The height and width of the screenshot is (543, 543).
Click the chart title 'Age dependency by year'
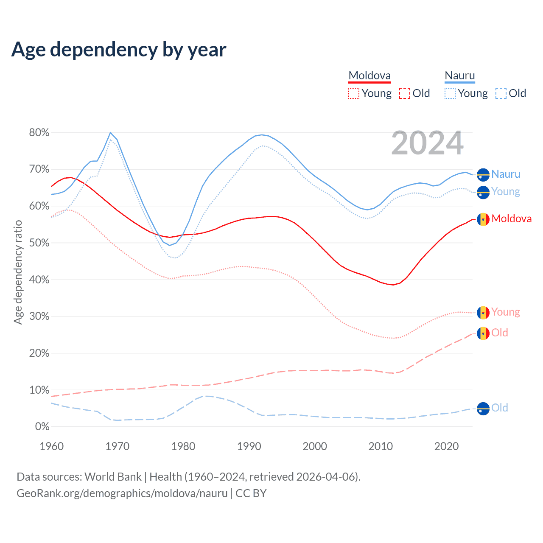tap(119, 50)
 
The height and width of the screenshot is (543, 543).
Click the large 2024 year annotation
tap(427, 143)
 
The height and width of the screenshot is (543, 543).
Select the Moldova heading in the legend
tap(369, 76)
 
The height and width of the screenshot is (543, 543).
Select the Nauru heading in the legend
tap(460, 76)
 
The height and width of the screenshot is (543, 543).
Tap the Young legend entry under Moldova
tap(370, 93)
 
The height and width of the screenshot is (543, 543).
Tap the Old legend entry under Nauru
tap(511, 93)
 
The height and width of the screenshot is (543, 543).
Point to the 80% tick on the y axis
tap(39, 133)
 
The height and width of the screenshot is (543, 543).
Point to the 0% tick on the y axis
tap(42, 427)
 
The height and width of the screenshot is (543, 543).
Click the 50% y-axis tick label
tap(39, 243)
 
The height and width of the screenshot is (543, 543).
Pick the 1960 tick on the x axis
tap(51, 446)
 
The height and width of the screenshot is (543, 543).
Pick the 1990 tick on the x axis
tap(249, 446)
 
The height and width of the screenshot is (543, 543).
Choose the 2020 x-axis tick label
tap(446, 446)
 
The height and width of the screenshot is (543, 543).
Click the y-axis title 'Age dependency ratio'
tap(18, 272)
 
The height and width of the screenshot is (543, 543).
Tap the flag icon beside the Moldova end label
tap(483, 219)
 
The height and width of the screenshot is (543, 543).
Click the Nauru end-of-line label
tap(506, 174)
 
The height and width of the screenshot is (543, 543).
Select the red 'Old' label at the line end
tap(500, 333)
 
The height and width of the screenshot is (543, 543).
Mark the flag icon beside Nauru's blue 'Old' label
tap(483, 409)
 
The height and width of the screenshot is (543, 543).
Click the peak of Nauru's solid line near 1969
tap(110, 133)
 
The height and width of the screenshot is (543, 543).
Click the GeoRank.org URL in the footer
tap(122, 493)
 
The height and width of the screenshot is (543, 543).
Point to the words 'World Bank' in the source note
tap(113, 477)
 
